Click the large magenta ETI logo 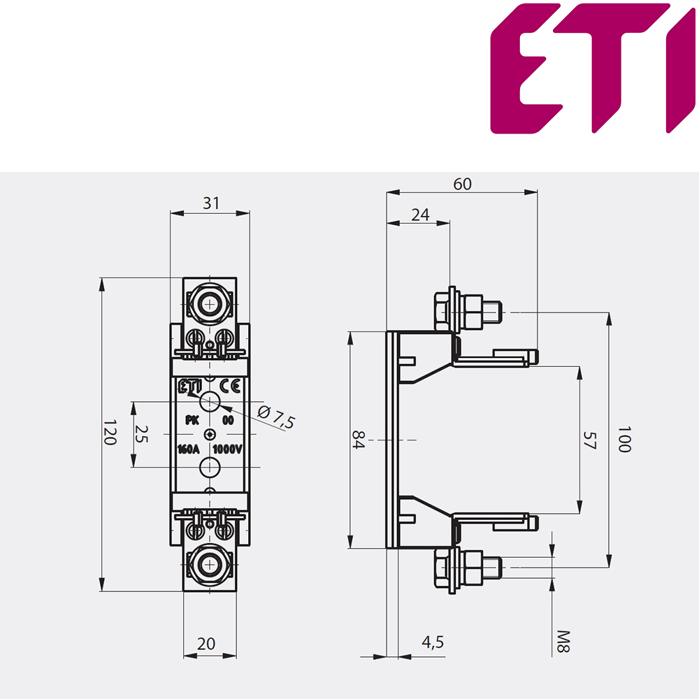(593, 69)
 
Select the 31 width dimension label (211, 203)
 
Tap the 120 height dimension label (110, 432)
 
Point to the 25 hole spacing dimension (141, 434)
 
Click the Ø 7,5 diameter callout (276, 417)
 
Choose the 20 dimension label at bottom (206, 643)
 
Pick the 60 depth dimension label (462, 184)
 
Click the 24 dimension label (420, 215)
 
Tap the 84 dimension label (359, 440)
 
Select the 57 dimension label (590, 440)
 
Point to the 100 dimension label (624, 439)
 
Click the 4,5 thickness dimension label (433, 642)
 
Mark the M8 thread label (563, 642)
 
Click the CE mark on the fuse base (230, 386)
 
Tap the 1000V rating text (227, 449)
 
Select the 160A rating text (189, 449)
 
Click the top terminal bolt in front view (209, 305)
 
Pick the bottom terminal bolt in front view (209, 565)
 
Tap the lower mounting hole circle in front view (210, 467)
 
